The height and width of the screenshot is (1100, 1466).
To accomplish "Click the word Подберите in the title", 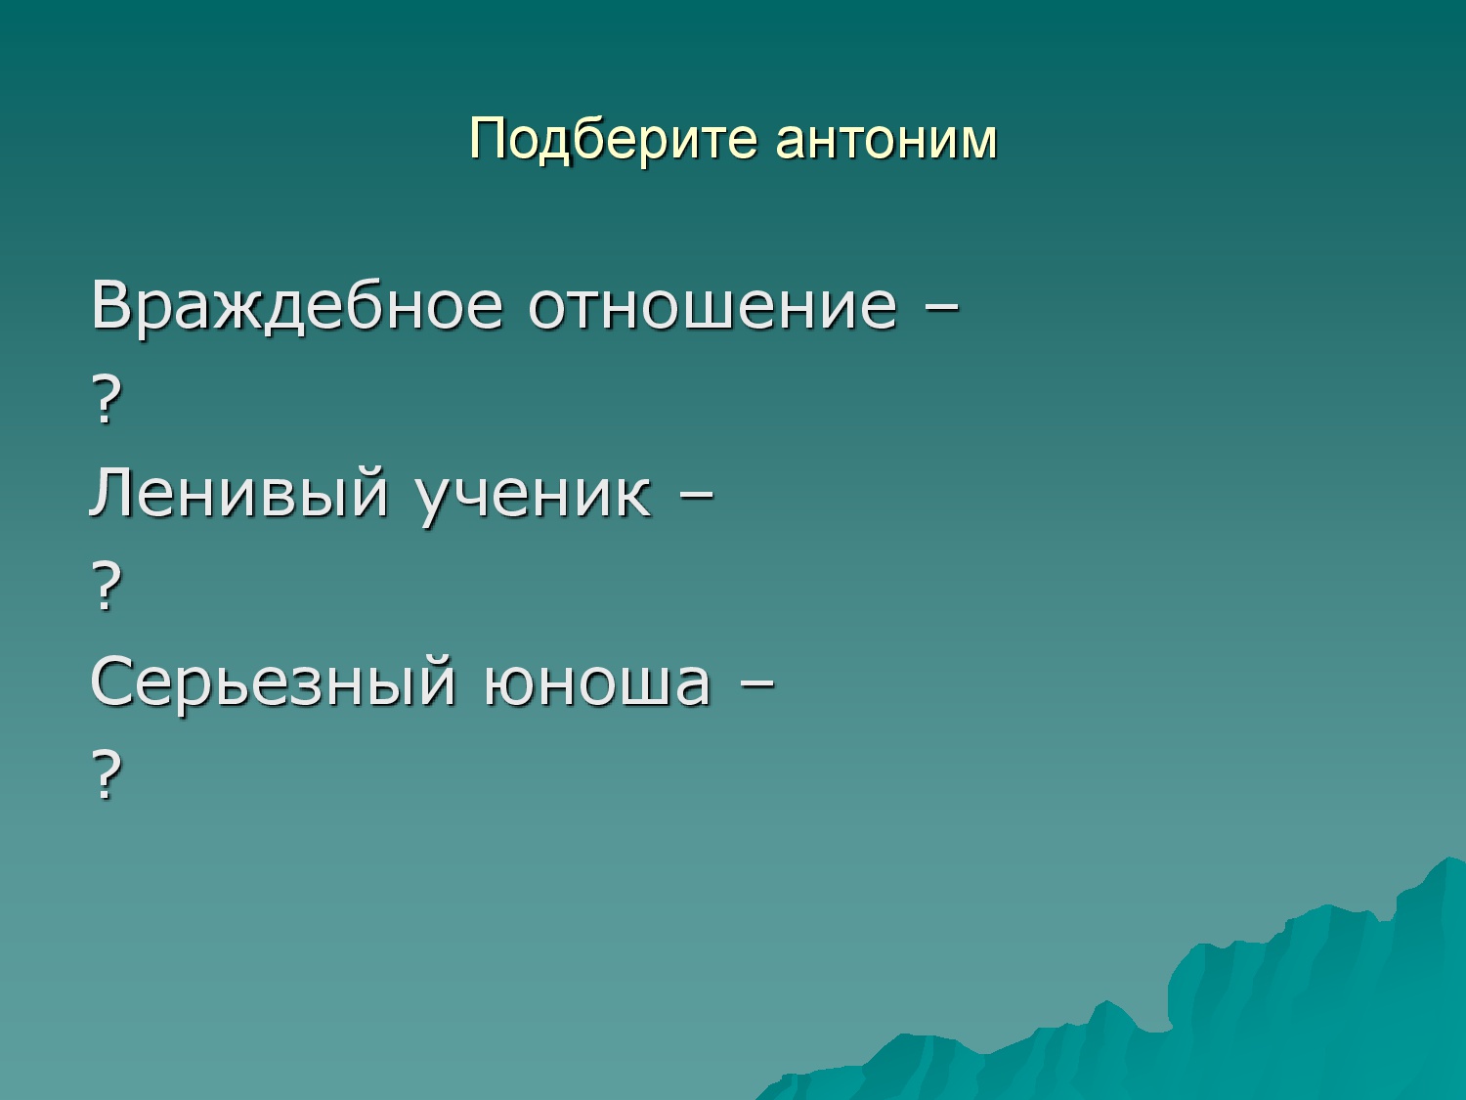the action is pyautogui.click(x=613, y=140).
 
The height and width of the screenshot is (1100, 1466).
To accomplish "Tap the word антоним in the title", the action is pyautogui.click(x=886, y=140).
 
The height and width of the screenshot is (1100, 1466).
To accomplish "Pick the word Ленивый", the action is pyautogui.click(x=238, y=492).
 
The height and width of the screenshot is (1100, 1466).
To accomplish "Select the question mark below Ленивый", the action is pyautogui.click(x=107, y=588).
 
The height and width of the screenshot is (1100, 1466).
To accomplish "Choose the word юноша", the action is pyautogui.click(x=596, y=683).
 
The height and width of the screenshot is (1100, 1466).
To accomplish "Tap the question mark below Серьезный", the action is pyautogui.click(x=107, y=774).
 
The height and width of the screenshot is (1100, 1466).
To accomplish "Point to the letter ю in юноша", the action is pyautogui.click(x=509, y=684).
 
